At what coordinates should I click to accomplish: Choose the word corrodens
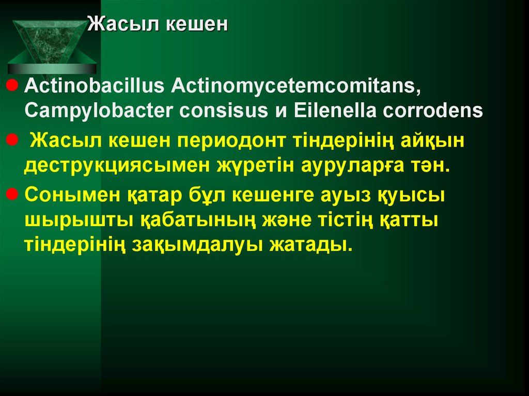point(438,110)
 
